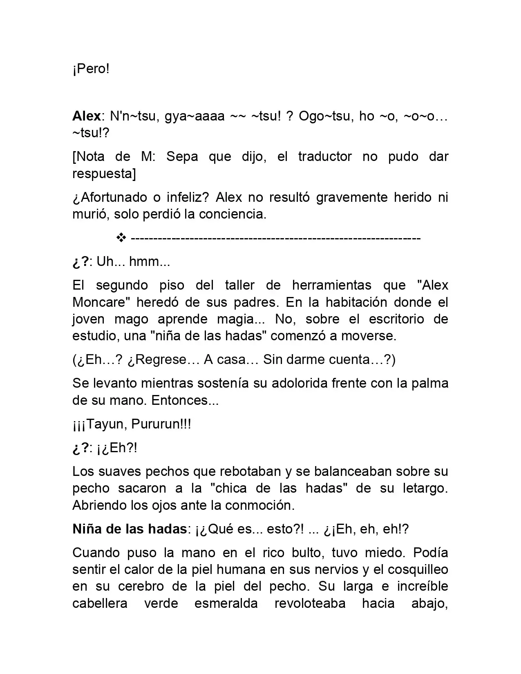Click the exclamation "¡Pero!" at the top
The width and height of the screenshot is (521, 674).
(91, 69)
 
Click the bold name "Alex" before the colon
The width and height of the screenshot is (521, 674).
(86, 116)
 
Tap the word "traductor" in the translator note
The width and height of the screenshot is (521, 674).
(325, 156)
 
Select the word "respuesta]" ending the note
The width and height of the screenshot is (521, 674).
(104, 174)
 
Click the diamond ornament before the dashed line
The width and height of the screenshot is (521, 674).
(121, 238)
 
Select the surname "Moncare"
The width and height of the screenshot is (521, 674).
(101, 302)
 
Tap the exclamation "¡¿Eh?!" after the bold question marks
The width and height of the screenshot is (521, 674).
(117, 448)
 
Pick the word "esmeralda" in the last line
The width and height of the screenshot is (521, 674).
(226, 603)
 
